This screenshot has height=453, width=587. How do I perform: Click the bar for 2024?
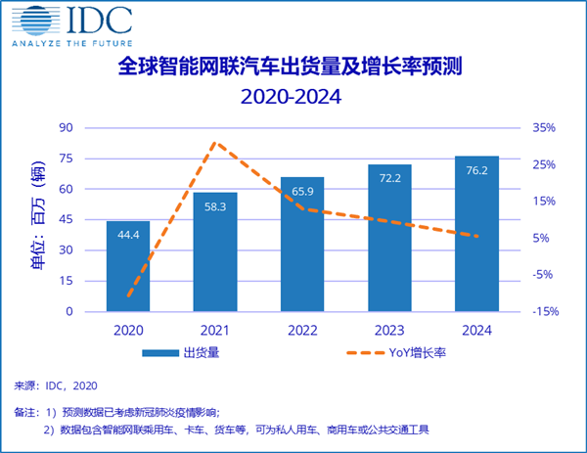pyautogui.click(x=476, y=234)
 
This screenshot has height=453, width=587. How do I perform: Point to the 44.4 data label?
pyautogui.click(x=128, y=235)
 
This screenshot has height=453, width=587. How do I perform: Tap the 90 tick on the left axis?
pyautogui.click(x=67, y=128)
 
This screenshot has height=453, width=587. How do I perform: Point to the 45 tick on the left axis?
pyautogui.click(x=67, y=220)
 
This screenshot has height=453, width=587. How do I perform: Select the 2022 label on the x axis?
pyautogui.click(x=302, y=332)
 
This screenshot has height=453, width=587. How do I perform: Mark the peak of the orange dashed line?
pyautogui.click(x=215, y=143)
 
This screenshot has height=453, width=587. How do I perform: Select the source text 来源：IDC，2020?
pyautogui.click(x=55, y=385)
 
